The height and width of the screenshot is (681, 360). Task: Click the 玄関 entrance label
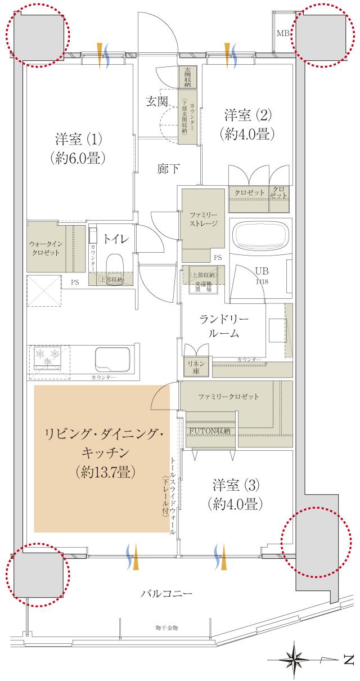(157, 102)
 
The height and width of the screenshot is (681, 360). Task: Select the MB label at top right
(283, 34)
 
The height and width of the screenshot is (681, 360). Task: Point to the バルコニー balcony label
(166, 594)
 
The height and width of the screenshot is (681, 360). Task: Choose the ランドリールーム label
(223, 326)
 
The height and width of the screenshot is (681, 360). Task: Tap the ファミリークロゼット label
(228, 397)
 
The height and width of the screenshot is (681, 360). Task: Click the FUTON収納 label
(210, 431)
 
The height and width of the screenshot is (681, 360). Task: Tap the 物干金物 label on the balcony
(166, 627)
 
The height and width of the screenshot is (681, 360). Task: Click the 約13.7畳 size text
(102, 471)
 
